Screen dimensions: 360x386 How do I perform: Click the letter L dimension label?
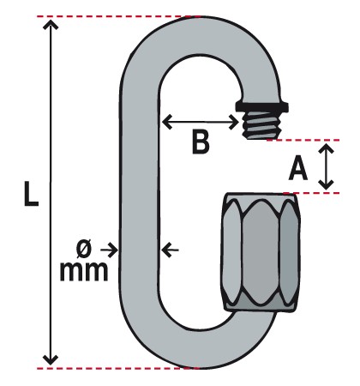[31, 193]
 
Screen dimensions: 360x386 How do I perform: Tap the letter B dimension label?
[201, 142]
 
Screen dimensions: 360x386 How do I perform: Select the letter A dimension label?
[298, 168]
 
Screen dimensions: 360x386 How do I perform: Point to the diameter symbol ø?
[84, 248]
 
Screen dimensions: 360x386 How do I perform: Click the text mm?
[84, 271]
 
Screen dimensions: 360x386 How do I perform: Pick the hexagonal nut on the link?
[261, 252]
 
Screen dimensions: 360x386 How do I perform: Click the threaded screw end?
[261, 125]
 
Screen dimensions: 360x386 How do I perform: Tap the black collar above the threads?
[261, 106]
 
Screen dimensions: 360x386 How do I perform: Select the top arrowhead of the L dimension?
[51, 25]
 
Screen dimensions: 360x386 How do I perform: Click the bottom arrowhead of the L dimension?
[51, 359]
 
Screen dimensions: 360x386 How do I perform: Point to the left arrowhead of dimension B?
[167, 122]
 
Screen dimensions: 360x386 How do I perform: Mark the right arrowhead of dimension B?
[234, 123]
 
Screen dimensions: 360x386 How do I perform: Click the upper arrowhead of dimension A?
[327, 149]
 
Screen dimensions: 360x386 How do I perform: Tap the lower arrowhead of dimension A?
[327, 184]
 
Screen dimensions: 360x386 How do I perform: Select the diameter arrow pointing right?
[109, 250]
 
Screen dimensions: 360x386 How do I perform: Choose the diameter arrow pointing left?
[170, 250]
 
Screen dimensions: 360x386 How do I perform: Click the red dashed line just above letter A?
[303, 140]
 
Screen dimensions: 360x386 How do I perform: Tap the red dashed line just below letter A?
[311, 193]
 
